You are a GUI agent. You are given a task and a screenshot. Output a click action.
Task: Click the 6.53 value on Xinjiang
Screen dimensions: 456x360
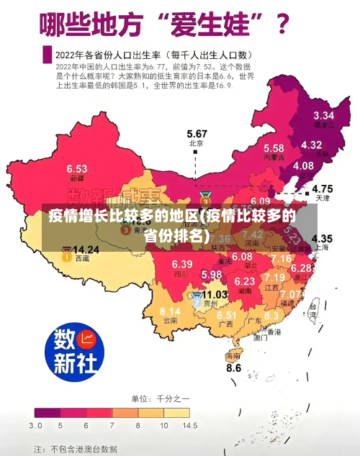pyautogui.click(x=77, y=168)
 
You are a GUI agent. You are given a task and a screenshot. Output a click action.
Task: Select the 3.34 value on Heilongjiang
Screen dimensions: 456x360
pyautogui.click(x=323, y=115)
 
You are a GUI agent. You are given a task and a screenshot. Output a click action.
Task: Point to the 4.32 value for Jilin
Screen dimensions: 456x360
pyautogui.click(x=311, y=145)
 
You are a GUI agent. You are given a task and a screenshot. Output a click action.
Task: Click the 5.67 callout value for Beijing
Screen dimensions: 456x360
pyautogui.click(x=197, y=134)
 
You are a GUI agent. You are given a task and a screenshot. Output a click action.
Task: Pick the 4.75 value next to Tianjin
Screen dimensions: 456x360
pyautogui.click(x=322, y=188)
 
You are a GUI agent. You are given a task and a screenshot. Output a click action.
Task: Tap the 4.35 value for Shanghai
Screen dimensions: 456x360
pyautogui.click(x=321, y=238)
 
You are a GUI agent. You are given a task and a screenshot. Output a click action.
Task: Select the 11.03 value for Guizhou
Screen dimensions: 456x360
pyautogui.click(x=215, y=294)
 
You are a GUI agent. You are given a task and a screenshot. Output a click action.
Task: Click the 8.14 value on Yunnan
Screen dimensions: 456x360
pyautogui.click(x=170, y=311)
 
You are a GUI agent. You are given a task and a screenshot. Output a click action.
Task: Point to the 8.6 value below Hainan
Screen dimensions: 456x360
pyautogui.click(x=234, y=368)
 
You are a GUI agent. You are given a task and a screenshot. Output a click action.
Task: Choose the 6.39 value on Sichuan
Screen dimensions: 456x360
pyautogui.click(x=182, y=264)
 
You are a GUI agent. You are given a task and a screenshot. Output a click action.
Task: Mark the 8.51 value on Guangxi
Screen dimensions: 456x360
pyautogui.click(x=227, y=315)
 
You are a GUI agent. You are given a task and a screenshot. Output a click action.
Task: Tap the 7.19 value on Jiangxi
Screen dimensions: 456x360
pyautogui.click(x=274, y=277)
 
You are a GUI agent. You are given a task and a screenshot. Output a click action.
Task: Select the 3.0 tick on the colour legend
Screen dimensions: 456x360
pyautogui.click(x=35, y=426)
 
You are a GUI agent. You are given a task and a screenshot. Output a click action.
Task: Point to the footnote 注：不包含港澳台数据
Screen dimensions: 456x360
pyautogui.click(x=75, y=448)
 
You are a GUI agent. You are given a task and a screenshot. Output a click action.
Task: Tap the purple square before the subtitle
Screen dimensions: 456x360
pyautogui.click(x=48, y=54)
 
